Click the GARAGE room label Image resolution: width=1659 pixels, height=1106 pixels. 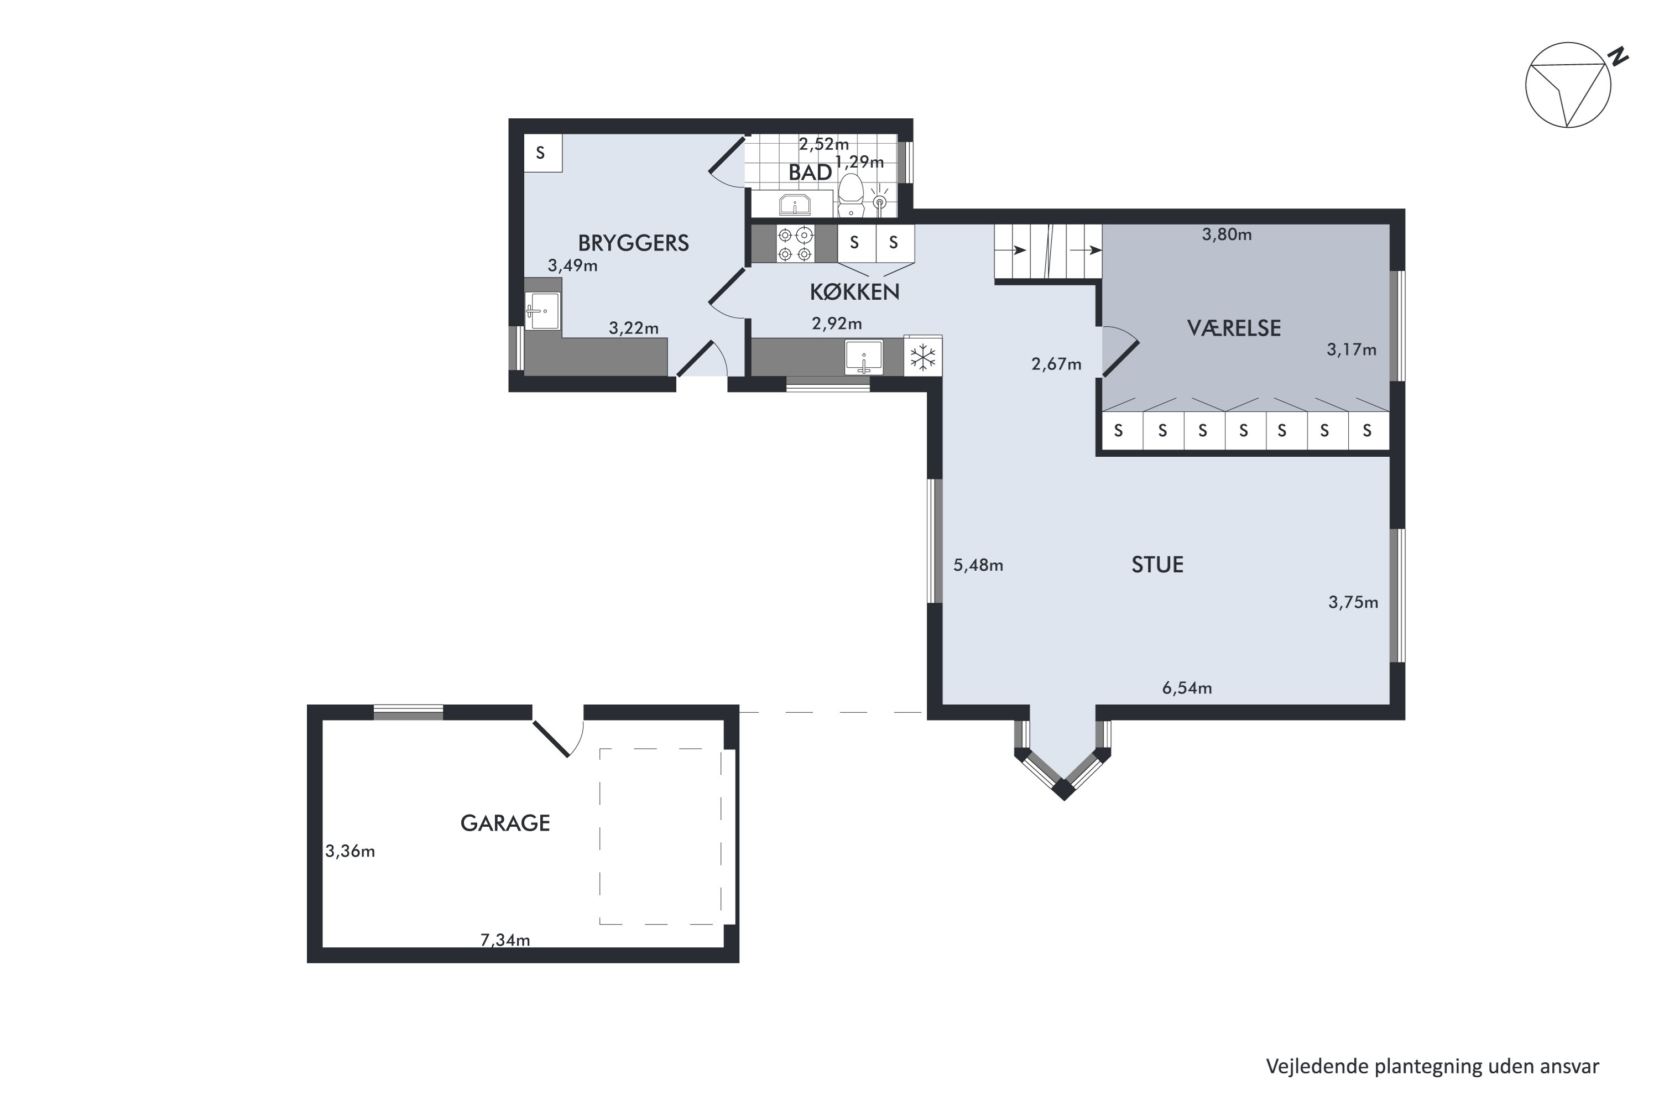[x=505, y=823]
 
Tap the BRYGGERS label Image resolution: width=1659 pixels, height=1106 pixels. [x=633, y=243]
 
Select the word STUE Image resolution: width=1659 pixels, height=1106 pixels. [x=1157, y=564]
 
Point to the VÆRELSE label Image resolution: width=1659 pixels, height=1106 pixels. [x=1234, y=328]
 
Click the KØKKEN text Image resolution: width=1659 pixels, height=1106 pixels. [x=855, y=291]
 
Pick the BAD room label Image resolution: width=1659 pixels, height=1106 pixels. [x=810, y=173]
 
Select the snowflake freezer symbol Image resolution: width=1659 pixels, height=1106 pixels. [x=922, y=357]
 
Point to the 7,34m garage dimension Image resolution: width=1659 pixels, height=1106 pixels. [x=505, y=940]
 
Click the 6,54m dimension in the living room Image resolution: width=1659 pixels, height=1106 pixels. [x=1187, y=688]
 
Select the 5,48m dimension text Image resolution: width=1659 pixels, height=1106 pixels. [x=978, y=565]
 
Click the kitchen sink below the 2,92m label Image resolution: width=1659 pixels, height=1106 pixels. [x=864, y=357]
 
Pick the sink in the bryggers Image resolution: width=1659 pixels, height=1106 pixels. [x=543, y=311]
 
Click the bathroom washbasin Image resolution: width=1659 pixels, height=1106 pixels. [x=795, y=205]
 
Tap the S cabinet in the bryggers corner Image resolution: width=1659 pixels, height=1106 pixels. [x=542, y=153]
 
